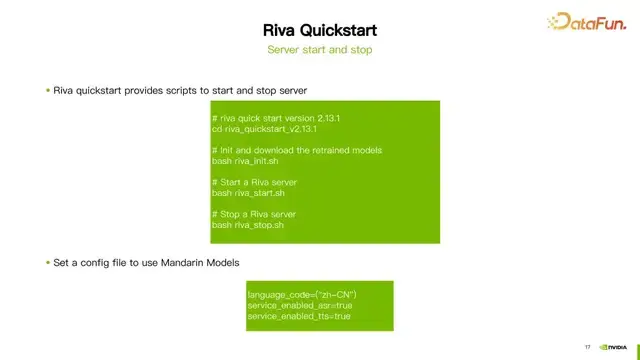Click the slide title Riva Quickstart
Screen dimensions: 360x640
click(x=320, y=28)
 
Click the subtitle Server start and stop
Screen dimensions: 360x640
click(x=320, y=49)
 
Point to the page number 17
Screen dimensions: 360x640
click(x=587, y=347)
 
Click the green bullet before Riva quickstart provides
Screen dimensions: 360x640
click(x=47, y=91)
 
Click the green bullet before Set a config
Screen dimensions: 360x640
click(x=47, y=262)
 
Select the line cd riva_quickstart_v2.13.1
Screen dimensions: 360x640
click(x=265, y=129)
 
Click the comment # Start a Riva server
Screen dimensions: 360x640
click(x=254, y=182)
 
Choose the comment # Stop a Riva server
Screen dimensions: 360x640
click(x=254, y=215)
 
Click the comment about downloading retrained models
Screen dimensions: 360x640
click(x=297, y=150)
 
